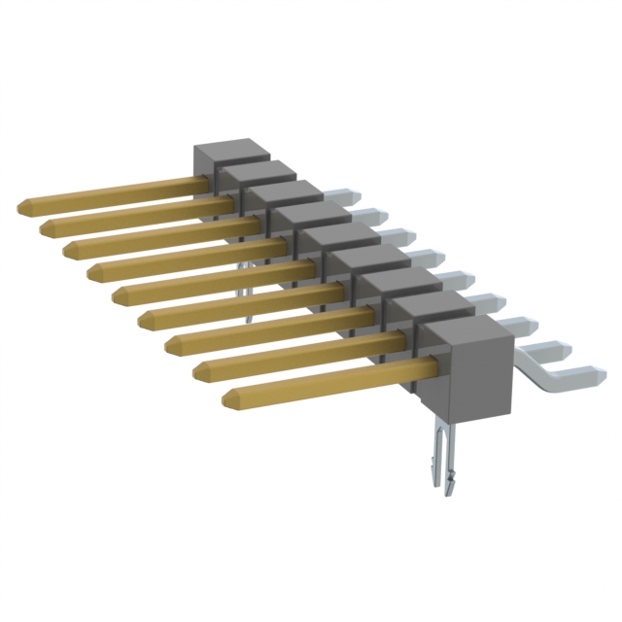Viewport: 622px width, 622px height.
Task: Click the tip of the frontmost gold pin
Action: click(x=229, y=398)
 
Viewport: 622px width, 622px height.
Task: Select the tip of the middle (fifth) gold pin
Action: click(x=119, y=294)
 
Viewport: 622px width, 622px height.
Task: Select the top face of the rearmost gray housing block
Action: click(x=230, y=148)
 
